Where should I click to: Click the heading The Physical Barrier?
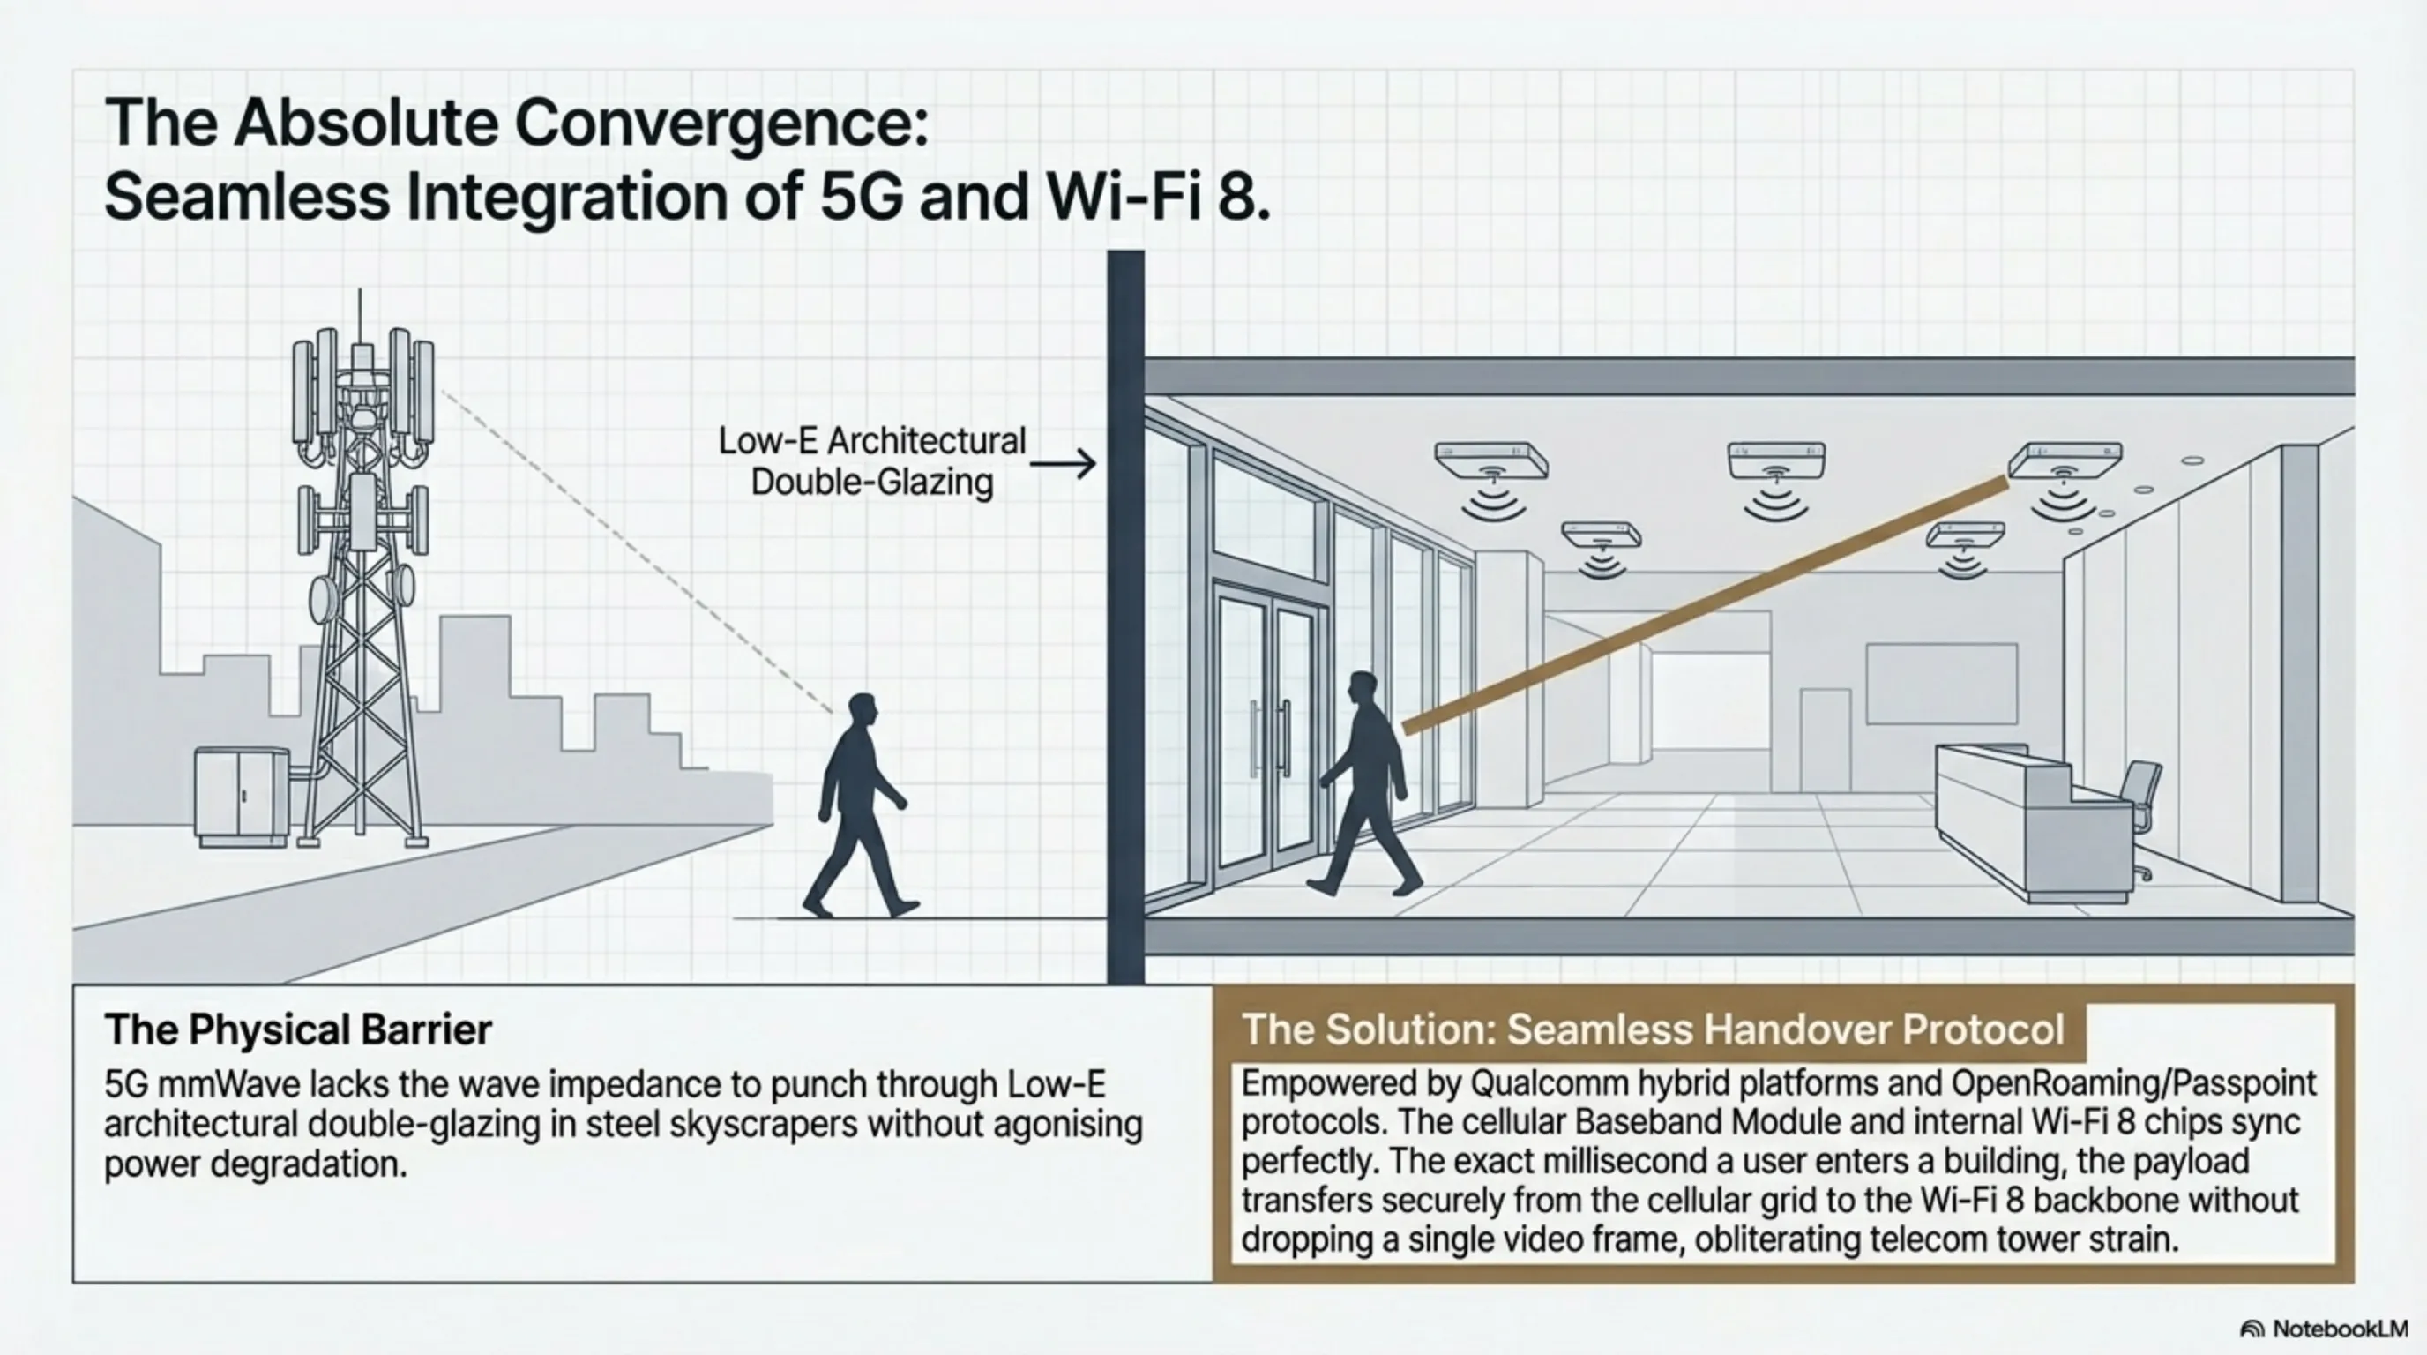tap(298, 1029)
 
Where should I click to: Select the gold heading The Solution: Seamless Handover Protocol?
tap(1653, 1029)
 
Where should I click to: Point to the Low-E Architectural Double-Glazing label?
tap(871, 460)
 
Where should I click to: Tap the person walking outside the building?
tap(859, 805)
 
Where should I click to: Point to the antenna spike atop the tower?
tap(359, 316)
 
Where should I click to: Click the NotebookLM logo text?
tap(2339, 1329)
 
